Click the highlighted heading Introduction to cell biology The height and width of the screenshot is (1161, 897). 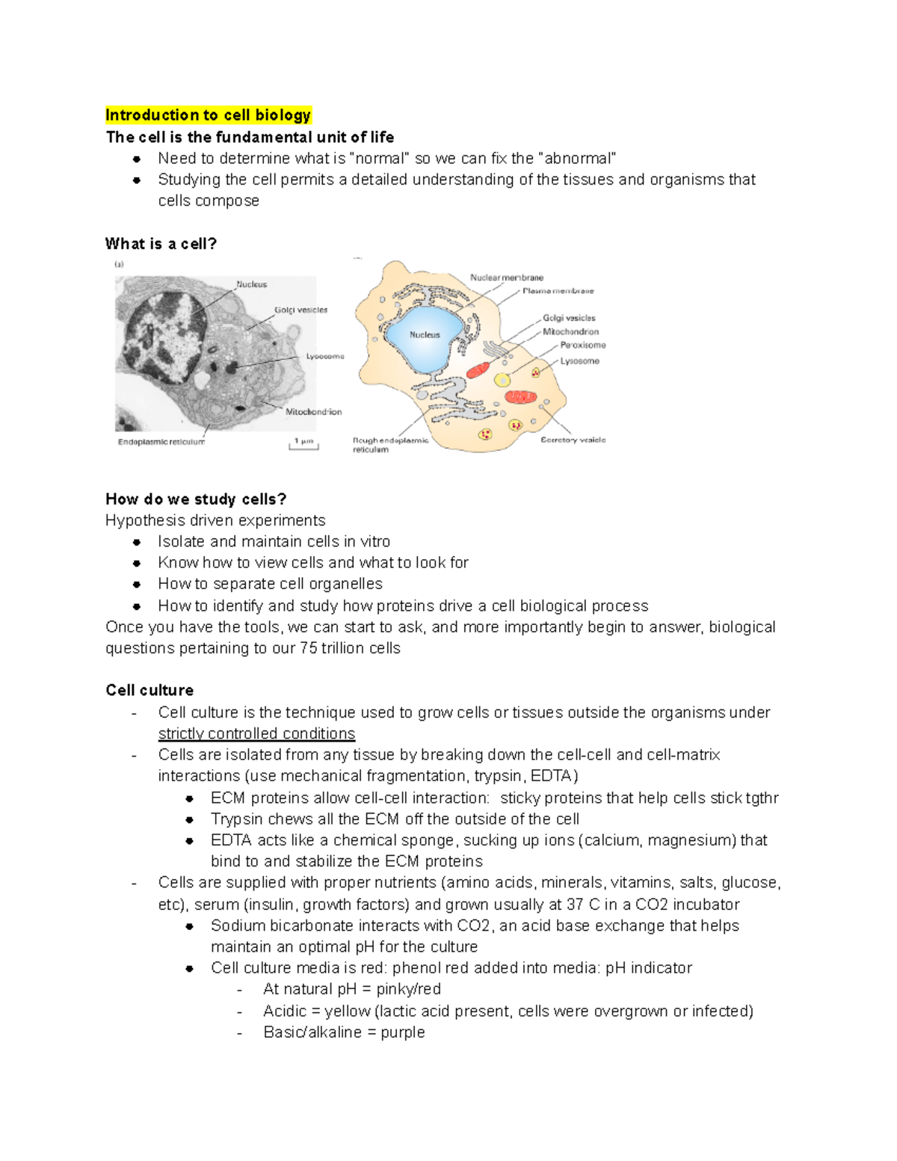(208, 115)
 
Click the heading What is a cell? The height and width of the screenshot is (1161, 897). (161, 244)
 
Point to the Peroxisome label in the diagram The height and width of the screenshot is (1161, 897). (583, 345)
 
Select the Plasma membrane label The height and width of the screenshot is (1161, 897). (558, 291)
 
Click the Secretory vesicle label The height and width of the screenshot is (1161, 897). (573, 440)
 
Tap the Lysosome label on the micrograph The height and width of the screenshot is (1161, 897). (325, 357)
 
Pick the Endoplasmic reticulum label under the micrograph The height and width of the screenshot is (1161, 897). (161, 442)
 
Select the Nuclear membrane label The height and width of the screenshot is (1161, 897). (506, 277)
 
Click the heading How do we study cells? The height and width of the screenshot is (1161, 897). (196, 499)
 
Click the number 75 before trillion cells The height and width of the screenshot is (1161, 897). (308, 648)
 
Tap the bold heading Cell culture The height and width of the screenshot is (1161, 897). (149, 690)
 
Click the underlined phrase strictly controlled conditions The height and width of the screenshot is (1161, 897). (256, 734)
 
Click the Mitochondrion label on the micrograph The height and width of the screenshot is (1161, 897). (313, 412)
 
